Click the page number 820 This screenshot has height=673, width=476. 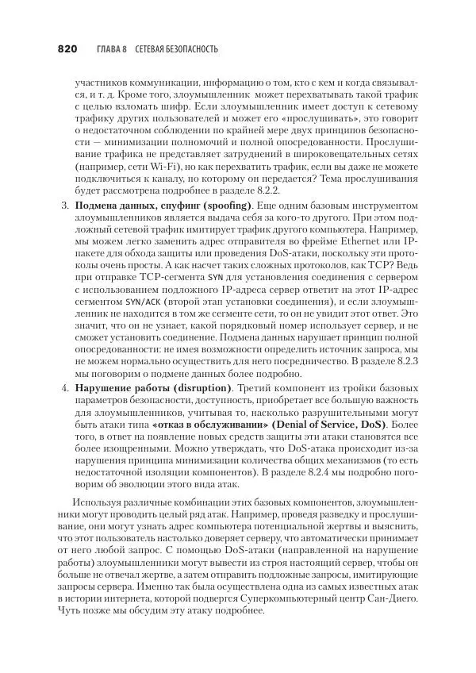(66, 49)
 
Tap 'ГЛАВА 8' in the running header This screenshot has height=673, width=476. (112, 50)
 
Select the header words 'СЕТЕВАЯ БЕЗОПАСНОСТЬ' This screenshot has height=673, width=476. (176, 50)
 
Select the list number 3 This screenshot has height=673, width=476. (64, 206)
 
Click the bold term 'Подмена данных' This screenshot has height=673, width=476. (113, 206)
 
